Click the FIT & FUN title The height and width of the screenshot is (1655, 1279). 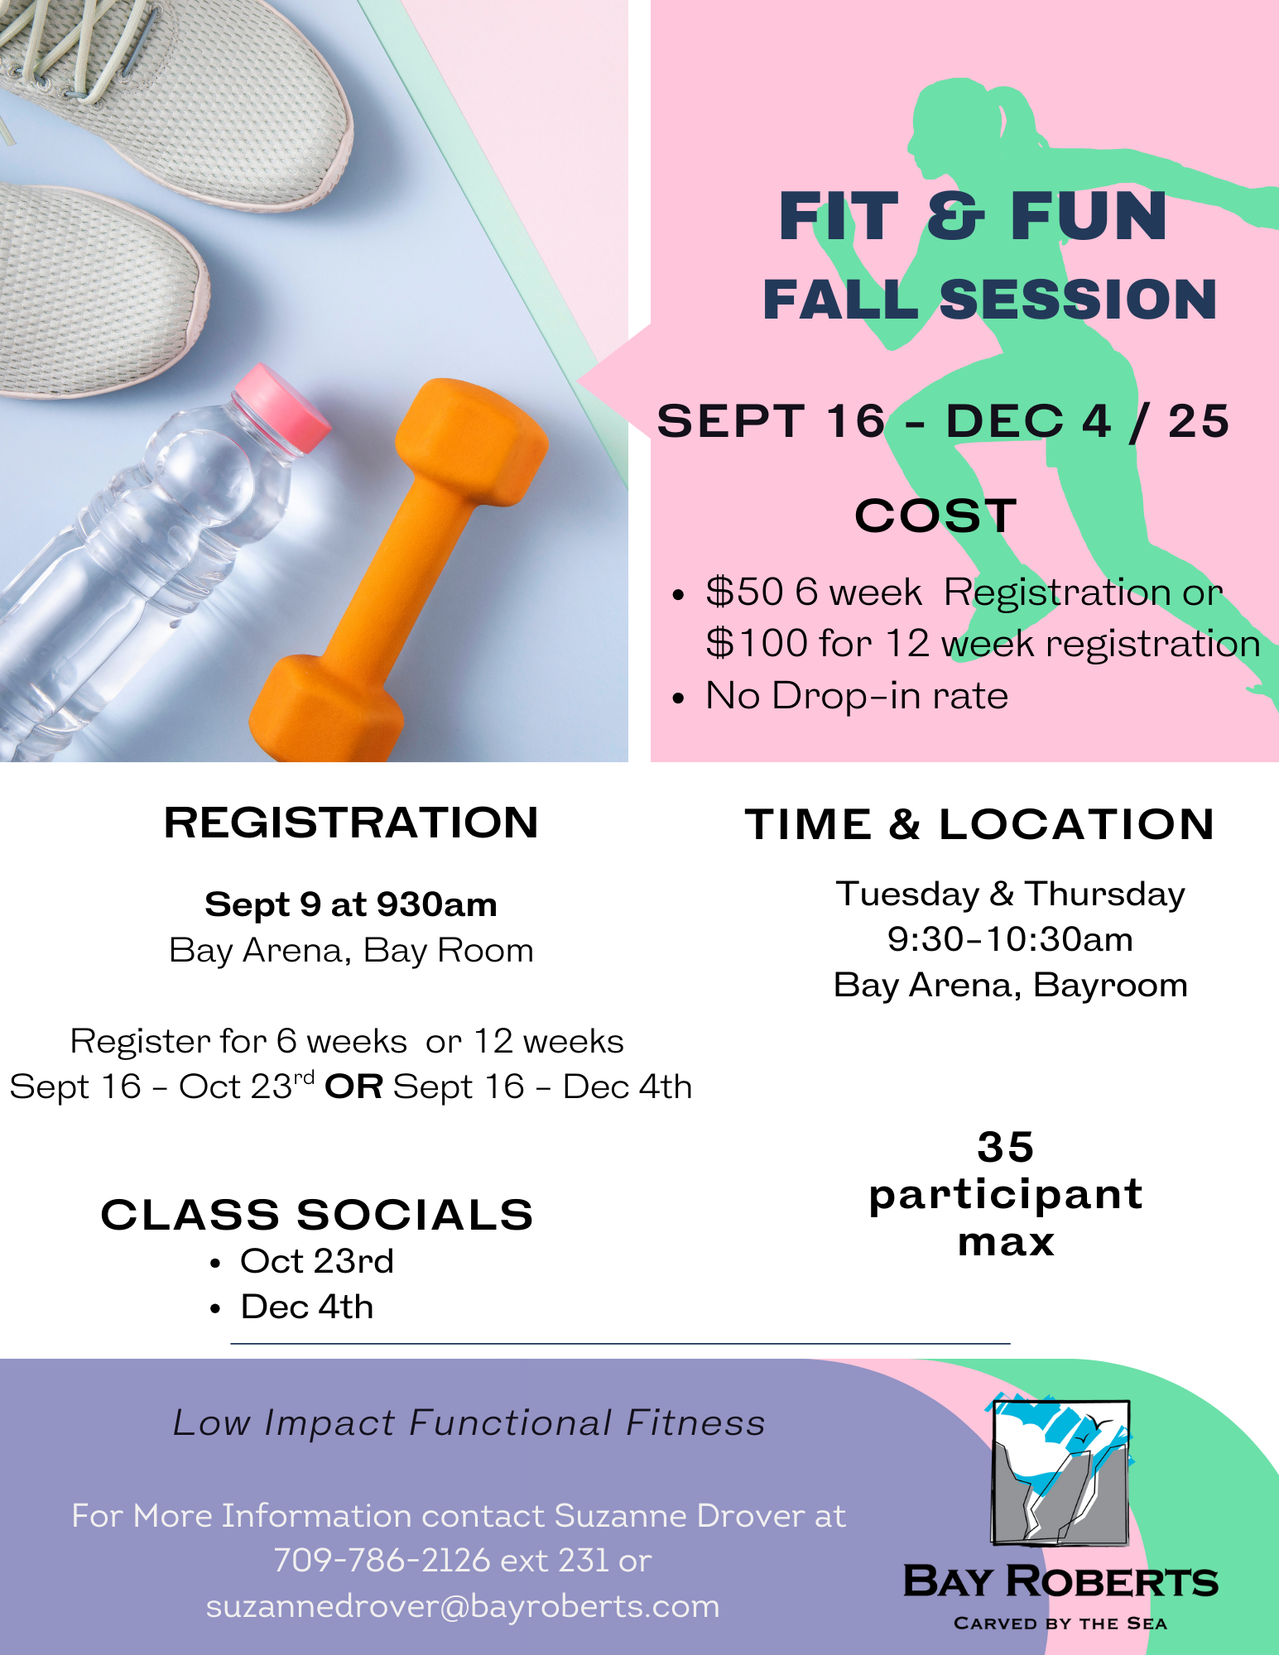point(973,217)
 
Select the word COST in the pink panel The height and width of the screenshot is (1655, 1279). point(935,516)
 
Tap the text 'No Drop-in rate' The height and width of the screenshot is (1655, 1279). point(857,695)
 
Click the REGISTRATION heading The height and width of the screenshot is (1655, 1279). point(351,823)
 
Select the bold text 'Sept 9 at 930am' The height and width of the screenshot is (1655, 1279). point(351,904)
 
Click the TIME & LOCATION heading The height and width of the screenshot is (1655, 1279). point(979,824)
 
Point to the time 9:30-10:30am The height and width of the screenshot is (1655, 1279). point(1010,939)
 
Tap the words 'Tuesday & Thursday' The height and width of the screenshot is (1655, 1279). point(1010,895)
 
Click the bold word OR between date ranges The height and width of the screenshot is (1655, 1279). point(353,1087)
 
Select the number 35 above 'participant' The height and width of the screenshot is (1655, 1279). point(1006,1147)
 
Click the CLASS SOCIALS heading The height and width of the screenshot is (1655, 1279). point(317,1215)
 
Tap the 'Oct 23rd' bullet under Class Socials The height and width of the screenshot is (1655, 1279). point(317,1261)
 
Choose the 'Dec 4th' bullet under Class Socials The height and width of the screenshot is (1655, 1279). point(307,1307)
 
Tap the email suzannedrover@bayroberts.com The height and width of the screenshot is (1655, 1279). point(463,1606)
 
